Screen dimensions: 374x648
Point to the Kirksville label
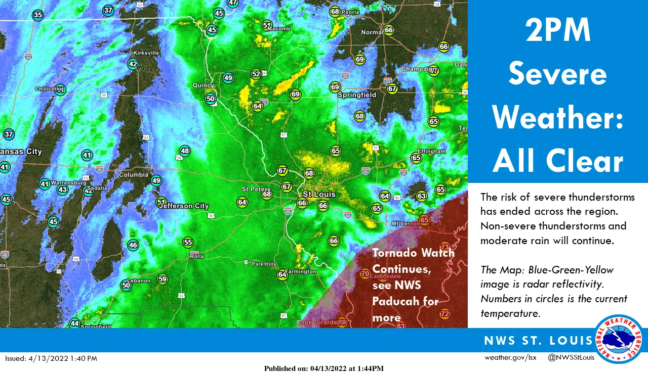[146, 53]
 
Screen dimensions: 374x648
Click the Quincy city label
[204, 85]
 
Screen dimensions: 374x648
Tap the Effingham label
[431, 151]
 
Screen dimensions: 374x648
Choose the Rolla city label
[196, 256]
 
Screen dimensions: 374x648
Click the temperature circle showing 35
[37, 15]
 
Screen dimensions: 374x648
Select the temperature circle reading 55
[188, 243]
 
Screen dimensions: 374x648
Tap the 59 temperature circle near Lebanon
[162, 279]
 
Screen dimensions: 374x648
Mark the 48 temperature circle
[185, 151]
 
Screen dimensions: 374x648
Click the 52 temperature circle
[256, 74]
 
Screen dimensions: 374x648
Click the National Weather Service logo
[619, 339]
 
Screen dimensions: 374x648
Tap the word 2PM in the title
[557, 31]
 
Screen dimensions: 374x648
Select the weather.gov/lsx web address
[510, 358]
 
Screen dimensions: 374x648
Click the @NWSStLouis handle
[571, 358]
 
